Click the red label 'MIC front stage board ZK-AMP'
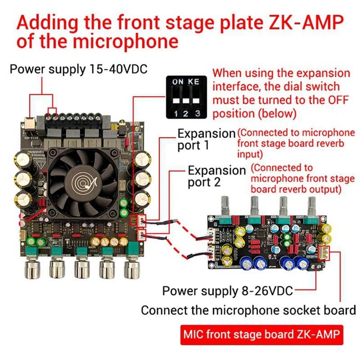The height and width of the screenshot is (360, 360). pos(261,335)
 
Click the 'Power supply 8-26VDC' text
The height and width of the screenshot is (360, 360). pos(228,291)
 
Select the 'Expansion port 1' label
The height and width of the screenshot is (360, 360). pos(206,139)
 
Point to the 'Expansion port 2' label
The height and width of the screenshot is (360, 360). pos(216,176)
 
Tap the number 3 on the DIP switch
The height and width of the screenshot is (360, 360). pos(197,114)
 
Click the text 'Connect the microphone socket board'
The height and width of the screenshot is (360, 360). pos(248,310)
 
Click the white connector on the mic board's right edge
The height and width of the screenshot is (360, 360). pos(324,254)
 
